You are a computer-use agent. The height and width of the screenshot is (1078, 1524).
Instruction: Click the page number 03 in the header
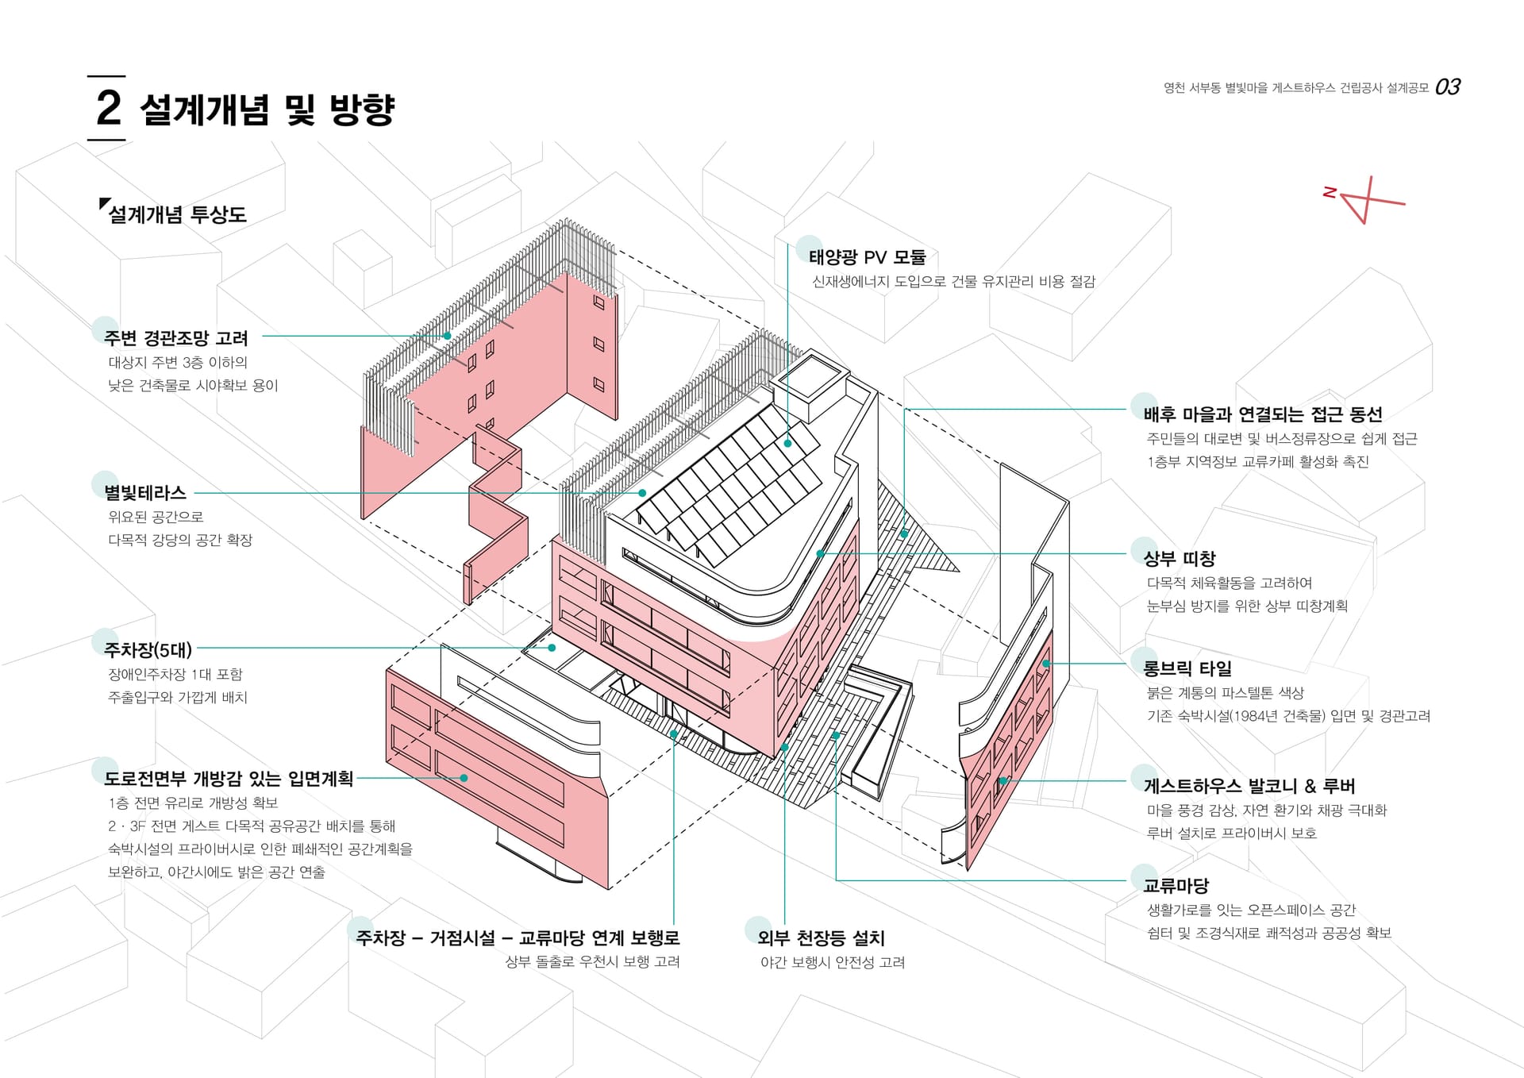click(x=1447, y=87)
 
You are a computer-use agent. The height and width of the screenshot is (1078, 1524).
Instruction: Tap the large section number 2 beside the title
click(x=108, y=108)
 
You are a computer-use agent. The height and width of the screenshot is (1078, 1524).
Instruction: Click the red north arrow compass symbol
click(x=1364, y=200)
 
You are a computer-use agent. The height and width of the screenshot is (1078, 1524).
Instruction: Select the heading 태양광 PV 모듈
click(x=868, y=257)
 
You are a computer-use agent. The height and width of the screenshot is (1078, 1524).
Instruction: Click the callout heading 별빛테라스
click(x=145, y=493)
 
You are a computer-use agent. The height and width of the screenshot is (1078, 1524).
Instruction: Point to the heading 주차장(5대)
click(x=148, y=650)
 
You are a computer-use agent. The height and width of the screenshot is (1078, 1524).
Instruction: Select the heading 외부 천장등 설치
click(x=821, y=938)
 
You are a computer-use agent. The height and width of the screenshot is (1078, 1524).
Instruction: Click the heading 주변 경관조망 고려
click(x=176, y=338)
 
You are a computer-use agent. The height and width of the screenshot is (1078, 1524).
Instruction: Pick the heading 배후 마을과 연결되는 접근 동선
click(x=1263, y=414)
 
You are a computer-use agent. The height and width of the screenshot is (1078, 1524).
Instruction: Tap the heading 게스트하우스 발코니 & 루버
click(x=1249, y=787)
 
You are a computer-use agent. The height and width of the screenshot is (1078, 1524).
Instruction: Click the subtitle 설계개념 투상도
click(x=177, y=214)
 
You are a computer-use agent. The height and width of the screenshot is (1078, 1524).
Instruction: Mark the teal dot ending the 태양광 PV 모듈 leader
click(x=788, y=443)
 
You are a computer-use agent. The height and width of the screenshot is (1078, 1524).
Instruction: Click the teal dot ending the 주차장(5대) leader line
click(x=552, y=648)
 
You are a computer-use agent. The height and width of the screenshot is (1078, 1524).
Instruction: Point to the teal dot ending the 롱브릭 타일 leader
click(x=1046, y=663)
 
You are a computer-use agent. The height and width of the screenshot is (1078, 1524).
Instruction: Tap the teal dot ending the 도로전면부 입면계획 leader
click(x=464, y=778)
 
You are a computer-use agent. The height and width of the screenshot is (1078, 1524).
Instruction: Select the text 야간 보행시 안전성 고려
click(x=833, y=962)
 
